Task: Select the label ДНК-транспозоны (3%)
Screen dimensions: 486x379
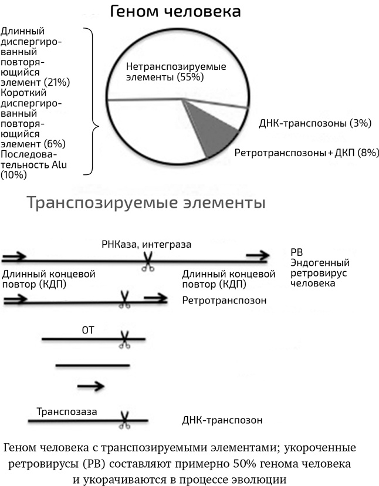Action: (x=314, y=123)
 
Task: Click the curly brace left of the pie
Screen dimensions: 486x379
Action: (x=92, y=101)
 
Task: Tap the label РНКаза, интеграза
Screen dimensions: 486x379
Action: (x=147, y=244)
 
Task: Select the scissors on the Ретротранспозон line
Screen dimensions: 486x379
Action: (x=124, y=299)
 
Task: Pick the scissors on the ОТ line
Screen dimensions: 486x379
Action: (x=124, y=340)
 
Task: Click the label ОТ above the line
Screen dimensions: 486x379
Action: (x=87, y=330)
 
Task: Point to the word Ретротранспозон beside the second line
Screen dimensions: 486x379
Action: (x=224, y=301)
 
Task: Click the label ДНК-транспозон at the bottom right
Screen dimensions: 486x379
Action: (x=222, y=420)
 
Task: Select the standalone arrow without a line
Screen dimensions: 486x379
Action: (x=91, y=386)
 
